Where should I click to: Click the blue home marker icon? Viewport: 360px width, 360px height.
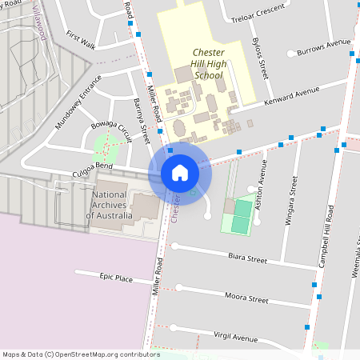coord(180,172)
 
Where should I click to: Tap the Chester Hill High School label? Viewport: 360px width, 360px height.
coord(208,64)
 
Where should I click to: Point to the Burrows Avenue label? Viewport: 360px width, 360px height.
coord(324,48)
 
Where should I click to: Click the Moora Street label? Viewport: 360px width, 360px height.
coord(246,298)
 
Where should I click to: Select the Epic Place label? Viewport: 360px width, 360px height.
coord(116,277)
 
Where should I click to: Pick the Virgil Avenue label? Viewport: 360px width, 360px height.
coord(238,336)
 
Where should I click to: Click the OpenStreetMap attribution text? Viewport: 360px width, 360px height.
coord(81,354)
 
